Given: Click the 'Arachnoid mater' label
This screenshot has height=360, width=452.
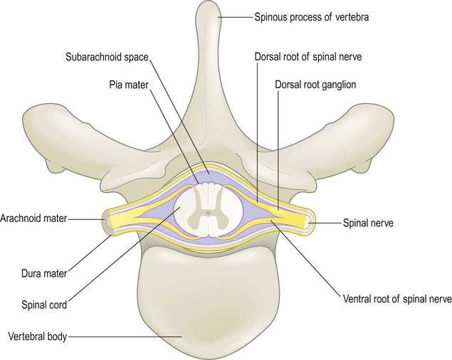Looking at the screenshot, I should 33,219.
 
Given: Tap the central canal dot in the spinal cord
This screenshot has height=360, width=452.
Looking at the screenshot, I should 207,211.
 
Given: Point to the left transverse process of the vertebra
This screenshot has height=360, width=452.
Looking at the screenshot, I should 57,125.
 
